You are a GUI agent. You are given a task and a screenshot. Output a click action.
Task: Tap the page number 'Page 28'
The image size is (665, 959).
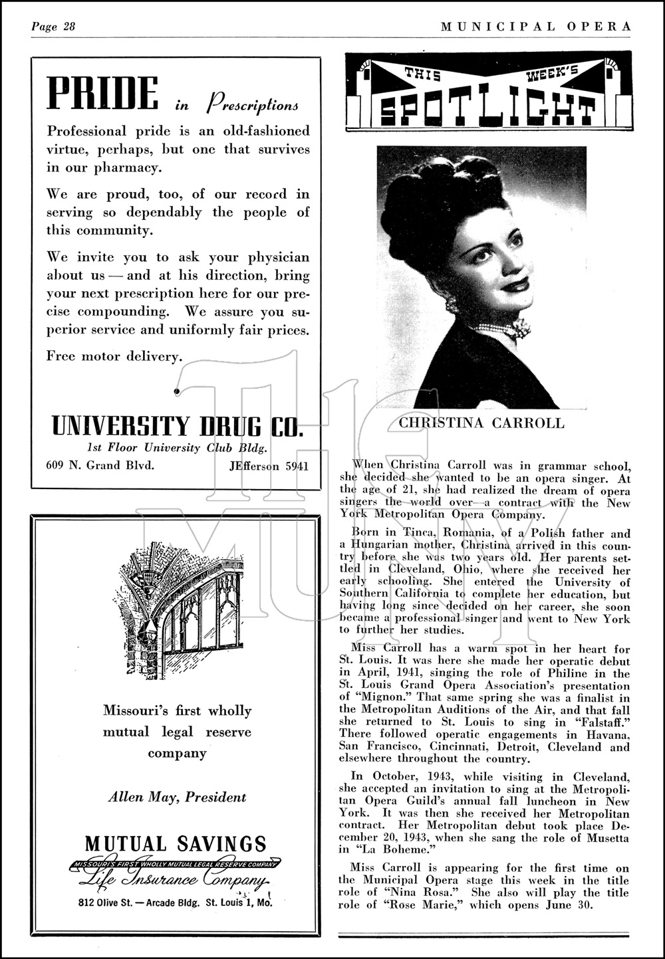(54, 27)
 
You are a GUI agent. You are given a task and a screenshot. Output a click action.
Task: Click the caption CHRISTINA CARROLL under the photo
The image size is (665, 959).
(481, 423)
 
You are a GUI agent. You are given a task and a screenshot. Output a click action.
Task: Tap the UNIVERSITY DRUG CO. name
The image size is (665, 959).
(177, 425)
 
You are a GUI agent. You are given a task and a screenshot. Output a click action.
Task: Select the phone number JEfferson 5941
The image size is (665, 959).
(269, 466)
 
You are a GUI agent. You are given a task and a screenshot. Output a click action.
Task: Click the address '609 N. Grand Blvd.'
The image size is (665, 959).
(100, 465)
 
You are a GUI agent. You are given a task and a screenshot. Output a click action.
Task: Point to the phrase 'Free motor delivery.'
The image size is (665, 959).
(114, 356)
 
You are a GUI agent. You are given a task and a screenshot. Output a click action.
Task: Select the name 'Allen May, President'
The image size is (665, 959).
(177, 797)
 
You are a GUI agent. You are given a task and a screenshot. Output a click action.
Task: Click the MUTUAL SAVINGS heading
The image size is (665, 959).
(176, 844)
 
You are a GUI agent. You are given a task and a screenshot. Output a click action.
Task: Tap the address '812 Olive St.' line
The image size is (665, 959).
(176, 903)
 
